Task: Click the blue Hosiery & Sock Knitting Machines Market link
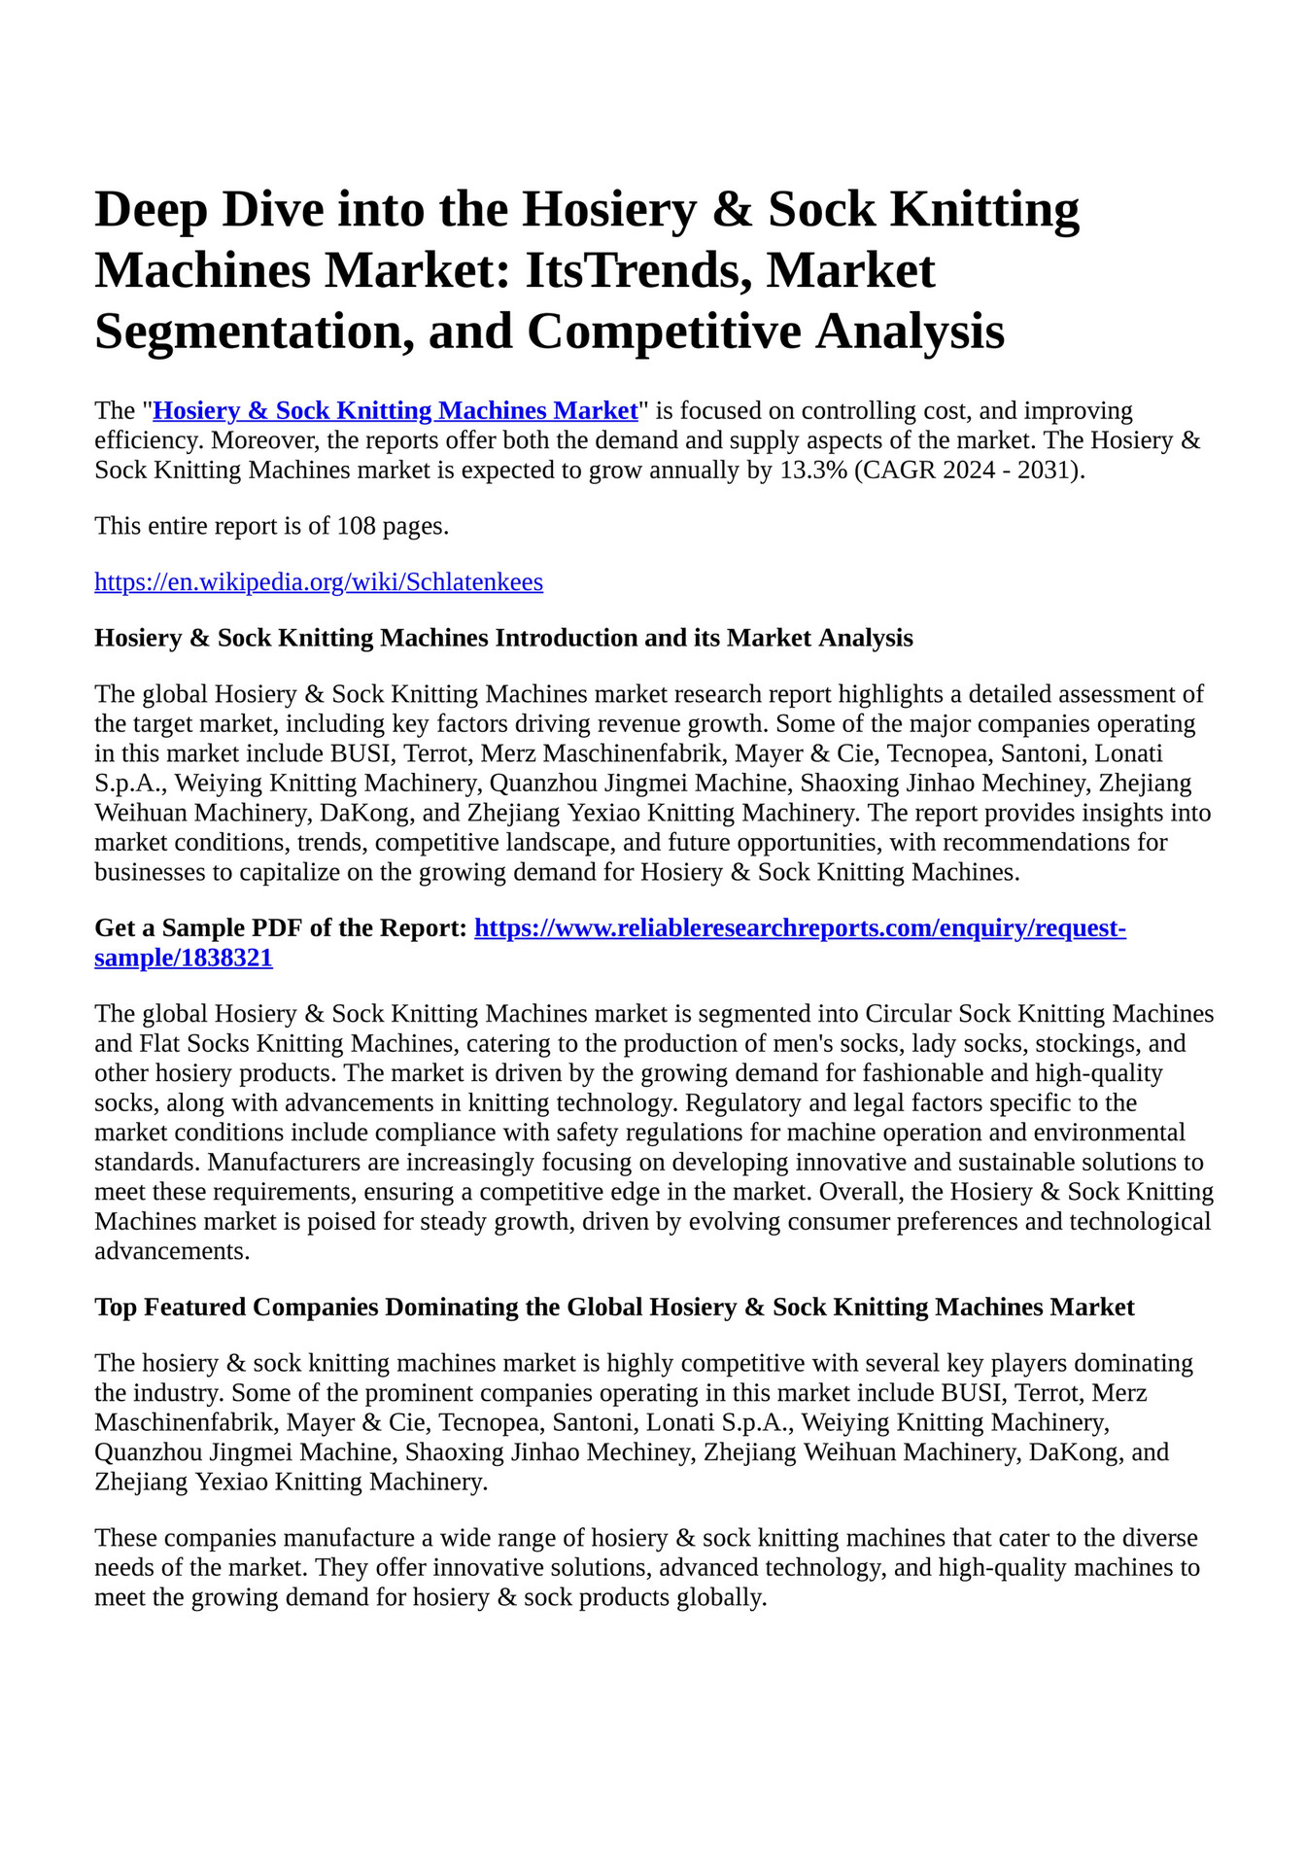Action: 396,410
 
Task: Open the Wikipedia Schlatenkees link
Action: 319,582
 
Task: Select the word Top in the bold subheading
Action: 115,1308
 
